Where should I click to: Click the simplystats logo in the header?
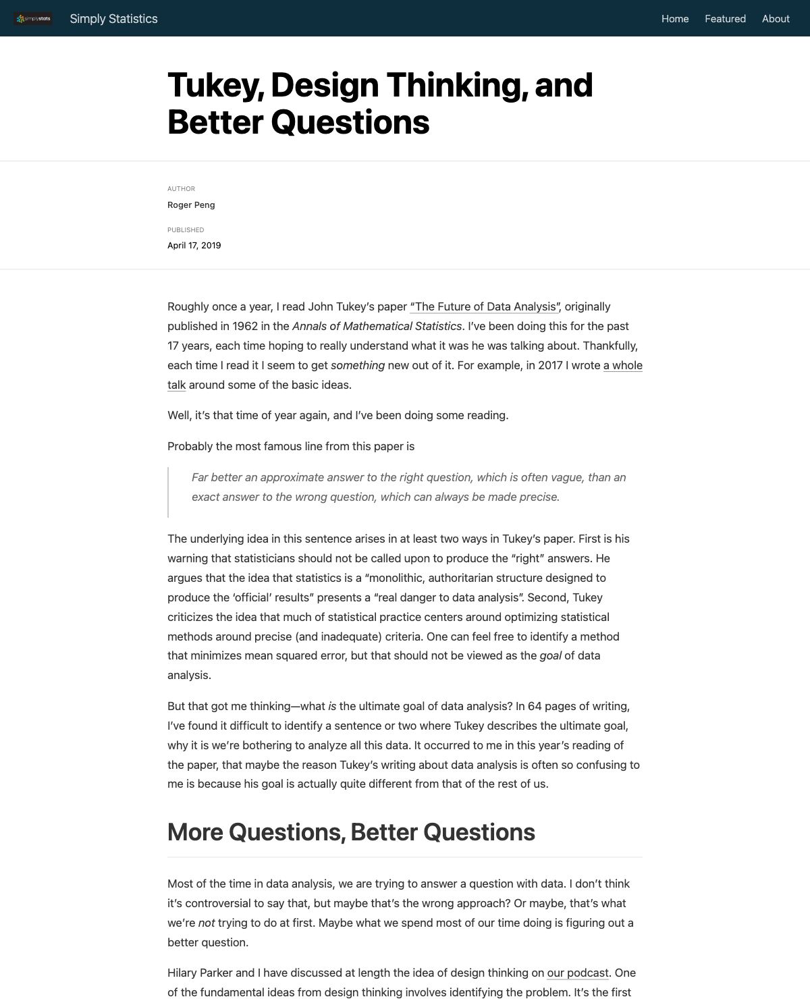[33, 19]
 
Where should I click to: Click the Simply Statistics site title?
[113, 19]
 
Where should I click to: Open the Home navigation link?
[675, 19]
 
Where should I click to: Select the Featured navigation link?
[725, 19]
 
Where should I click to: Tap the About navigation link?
[776, 19]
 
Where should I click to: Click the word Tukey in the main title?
[214, 86]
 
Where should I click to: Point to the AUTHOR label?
[181, 189]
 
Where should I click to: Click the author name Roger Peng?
[191, 205]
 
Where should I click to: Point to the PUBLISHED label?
[186, 230]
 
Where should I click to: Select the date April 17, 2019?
[194, 246]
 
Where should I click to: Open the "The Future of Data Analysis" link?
[485, 307]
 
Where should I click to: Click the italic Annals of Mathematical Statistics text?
[377, 327]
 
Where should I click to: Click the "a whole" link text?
[622, 366]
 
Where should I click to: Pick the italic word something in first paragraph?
[358, 366]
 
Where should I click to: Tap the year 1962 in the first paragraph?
[245, 327]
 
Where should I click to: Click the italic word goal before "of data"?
[550, 656]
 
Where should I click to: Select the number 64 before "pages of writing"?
[535, 707]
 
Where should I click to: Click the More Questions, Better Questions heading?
[351, 833]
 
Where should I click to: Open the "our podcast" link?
[578, 973]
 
